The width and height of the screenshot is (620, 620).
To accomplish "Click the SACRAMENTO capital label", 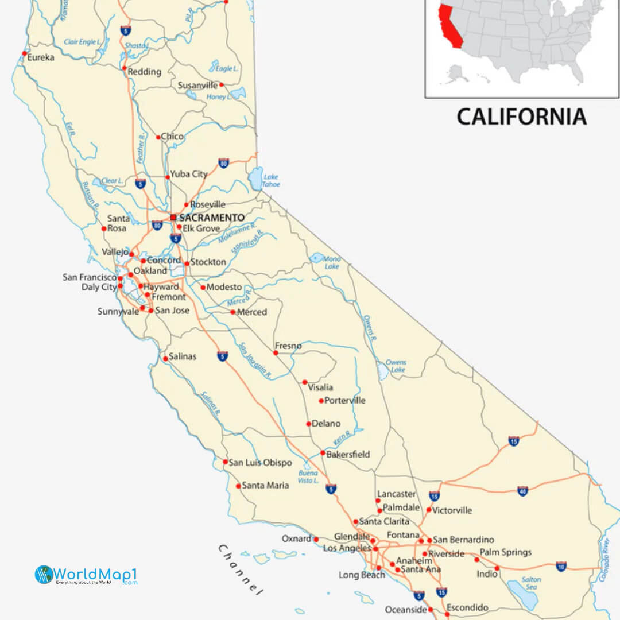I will click(211, 218).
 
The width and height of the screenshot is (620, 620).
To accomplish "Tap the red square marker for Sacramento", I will click(173, 218).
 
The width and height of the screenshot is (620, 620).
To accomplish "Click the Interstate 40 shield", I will click(522, 491).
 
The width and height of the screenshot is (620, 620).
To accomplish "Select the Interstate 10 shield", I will click(561, 567).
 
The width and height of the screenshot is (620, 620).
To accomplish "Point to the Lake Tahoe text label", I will click(271, 181).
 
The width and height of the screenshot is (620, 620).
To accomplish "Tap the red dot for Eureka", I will click(25, 53).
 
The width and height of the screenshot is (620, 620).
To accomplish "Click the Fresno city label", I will click(288, 346).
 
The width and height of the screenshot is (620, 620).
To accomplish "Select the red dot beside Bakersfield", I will click(323, 453).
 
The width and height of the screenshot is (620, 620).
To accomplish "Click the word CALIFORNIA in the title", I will click(521, 117).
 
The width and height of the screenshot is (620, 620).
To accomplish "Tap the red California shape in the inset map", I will click(449, 26).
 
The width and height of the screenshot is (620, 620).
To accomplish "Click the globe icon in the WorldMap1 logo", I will click(44, 574).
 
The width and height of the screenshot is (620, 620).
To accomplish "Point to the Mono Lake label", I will click(332, 262).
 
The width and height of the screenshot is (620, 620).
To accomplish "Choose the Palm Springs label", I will click(506, 552).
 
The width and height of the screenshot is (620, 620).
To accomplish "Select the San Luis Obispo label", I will click(260, 463).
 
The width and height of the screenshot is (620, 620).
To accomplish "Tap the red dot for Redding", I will click(124, 68).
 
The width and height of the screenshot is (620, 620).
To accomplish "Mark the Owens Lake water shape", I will click(382, 373).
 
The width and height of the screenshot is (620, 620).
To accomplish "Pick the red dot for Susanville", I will click(222, 84).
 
